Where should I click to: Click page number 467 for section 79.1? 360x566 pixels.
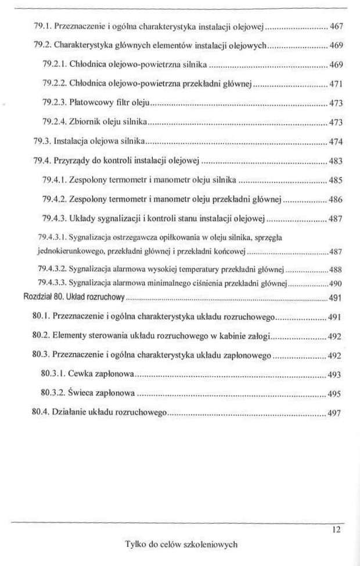(337, 27)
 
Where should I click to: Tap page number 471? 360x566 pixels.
(337, 85)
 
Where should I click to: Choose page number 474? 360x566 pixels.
(337, 141)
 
